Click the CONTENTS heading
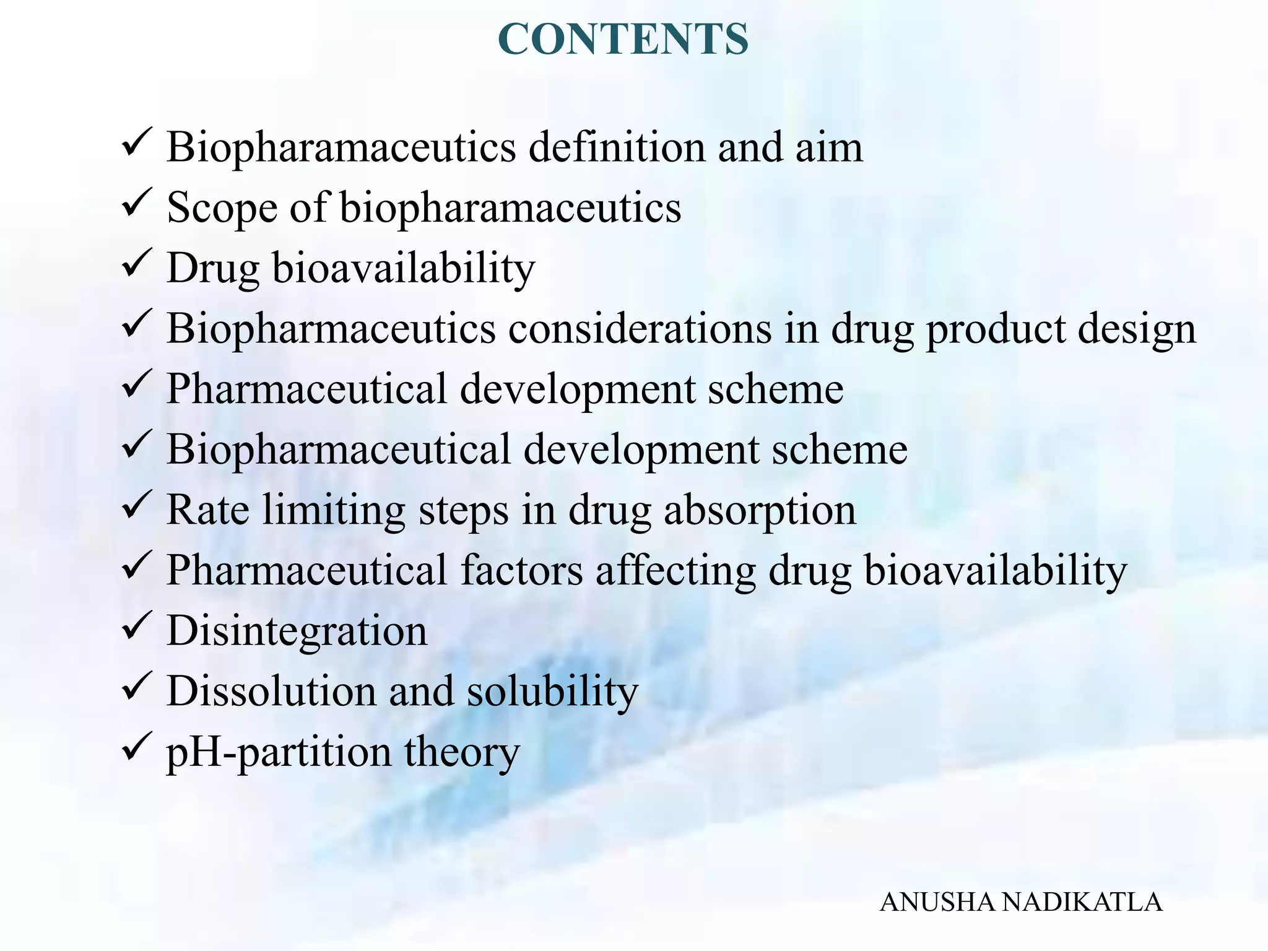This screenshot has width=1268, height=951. (x=623, y=39)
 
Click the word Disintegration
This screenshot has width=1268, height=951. (x=297, y=631)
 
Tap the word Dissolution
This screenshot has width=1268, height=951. (x=271, y=691)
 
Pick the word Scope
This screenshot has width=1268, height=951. (x=221, y=207)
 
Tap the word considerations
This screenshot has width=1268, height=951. (x=640, y=328)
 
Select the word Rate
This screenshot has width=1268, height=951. (x=207, y=510)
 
